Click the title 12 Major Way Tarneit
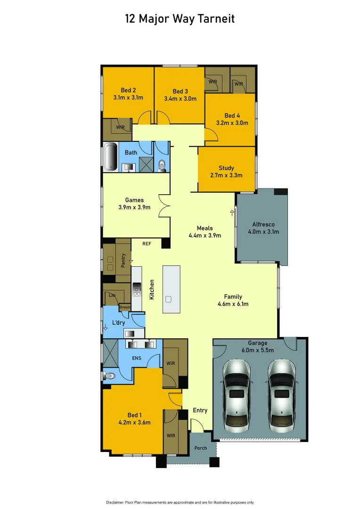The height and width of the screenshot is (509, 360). click(180, 19)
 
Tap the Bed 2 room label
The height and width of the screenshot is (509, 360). click(128, 90)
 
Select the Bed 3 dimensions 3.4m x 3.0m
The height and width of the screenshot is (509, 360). click(180, 99)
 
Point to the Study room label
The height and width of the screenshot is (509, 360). click(226, 168)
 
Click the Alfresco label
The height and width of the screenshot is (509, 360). click(263, 224)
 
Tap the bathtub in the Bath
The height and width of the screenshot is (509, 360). click(111, 156)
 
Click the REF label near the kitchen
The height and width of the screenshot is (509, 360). click(147, 244)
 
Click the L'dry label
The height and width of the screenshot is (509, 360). click(118, 323)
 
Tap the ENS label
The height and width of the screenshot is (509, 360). click(136, 358)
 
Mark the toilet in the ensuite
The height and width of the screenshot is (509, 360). click(109, 376)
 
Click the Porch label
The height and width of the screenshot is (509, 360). click(201, 448)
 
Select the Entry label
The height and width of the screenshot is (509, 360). click(200, 410)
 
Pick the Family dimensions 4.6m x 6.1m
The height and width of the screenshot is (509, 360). click(233, 304)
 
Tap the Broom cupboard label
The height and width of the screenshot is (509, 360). click(125, 307)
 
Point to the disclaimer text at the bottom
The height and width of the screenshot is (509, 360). click(180, 502)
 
